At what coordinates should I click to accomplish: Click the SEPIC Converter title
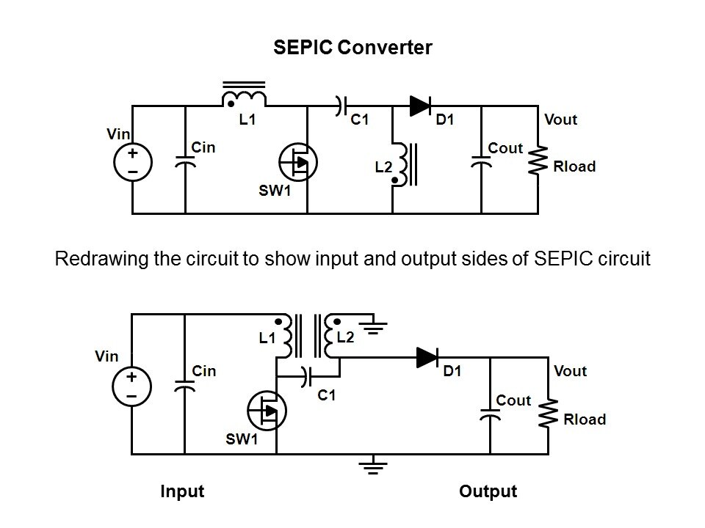[352, 48]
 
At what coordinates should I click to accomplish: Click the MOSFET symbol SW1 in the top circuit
[297, 162]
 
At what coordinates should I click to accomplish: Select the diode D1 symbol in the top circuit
[421, 106]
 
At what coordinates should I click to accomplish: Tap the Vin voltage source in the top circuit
[133, 162]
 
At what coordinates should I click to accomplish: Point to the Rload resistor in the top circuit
[540, 161]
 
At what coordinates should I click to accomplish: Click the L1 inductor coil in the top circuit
[245, 98]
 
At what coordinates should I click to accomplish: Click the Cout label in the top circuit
[505, 148]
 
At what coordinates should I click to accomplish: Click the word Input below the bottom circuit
[182, 491]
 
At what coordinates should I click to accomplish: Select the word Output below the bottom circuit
[488, 491]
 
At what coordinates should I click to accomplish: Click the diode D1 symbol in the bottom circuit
[427, 357]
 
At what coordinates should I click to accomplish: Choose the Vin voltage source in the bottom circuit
[131, 386]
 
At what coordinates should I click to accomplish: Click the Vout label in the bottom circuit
[571, 371]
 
